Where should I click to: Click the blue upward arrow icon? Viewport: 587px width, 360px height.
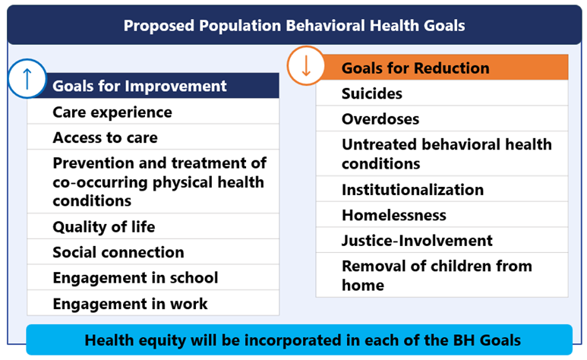point(27,80)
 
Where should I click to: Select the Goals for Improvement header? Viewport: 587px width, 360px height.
point(140,86)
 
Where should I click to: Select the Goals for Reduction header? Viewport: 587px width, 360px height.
point(415,68)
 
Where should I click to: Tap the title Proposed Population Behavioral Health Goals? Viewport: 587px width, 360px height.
point(294,25)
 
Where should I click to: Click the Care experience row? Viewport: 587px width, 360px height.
point(112,112)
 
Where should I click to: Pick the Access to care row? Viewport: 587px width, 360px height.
point(106,137)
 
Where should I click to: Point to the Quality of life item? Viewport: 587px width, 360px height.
point(104,226)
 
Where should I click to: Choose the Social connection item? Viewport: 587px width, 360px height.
point(118,252)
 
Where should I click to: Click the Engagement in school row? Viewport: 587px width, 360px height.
point(135,278)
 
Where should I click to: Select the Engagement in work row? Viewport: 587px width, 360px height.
point(130,304)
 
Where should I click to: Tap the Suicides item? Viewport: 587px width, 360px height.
point(372,94)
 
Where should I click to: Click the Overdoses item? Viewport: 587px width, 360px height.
point(380,119)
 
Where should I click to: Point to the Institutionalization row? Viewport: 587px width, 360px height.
point(412,190)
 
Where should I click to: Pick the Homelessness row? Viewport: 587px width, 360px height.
point(393,215)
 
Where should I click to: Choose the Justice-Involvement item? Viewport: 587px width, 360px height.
point(417,241)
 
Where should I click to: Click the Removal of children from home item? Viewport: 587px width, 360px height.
point(437,275)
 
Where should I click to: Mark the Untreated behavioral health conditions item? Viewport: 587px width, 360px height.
point(447,153)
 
